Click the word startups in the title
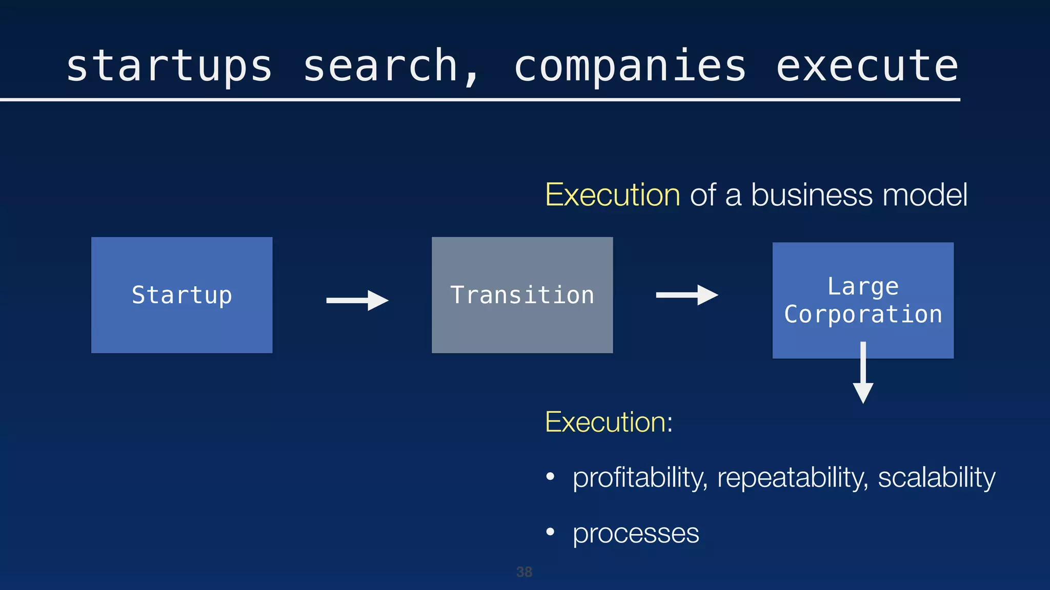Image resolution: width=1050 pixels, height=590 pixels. click(x=169, y=67)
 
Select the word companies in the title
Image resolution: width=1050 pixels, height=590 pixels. click(x=630, y=67)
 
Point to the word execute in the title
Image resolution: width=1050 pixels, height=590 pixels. click(x=867, y=67)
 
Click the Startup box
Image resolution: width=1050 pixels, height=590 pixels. click(x=181, y=295)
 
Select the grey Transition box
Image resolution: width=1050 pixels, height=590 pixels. click(x=522, y=295)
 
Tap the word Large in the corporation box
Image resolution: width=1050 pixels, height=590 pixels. click(x=863, y=286)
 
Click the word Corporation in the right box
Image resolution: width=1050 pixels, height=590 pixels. click(x=863, y=314)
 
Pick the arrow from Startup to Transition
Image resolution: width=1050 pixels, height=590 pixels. click(x=357, y=300)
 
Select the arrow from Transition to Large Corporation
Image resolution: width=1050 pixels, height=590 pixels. click(x=687, y=295)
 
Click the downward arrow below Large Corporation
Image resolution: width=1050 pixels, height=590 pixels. click(x=863, y=374)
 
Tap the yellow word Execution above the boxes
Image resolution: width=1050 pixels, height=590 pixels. click(x=612, y=195)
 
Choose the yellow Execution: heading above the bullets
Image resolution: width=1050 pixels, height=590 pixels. click(x=608, y=423)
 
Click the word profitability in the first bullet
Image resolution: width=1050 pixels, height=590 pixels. click(x=640, y=478)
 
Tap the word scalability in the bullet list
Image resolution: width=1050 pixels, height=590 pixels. click(x=937, y=478)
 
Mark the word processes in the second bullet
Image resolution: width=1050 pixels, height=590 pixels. click(x=636, y=534)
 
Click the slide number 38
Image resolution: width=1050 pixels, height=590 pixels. click(x=524, y=572)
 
